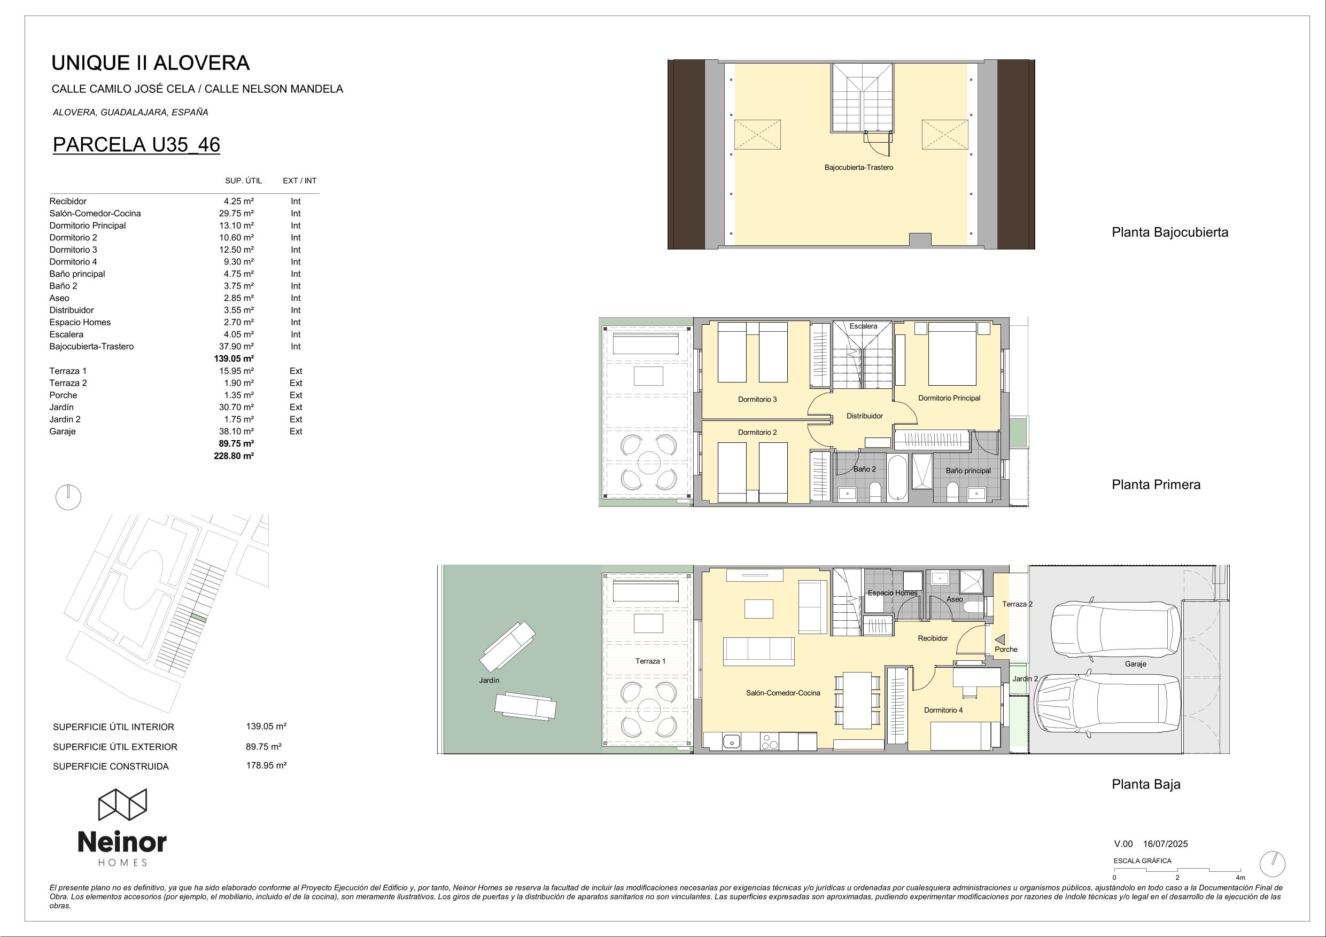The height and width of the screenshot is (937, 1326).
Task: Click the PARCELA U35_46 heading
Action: click(x=136, y=144)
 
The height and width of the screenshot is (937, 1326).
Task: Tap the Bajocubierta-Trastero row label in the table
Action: click(x=91, y=346)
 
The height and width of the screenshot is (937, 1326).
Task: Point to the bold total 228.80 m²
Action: click(x=234, y=456)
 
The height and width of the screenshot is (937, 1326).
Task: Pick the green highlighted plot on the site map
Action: click(x=198, y=618)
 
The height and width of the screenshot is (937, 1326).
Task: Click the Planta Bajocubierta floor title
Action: click(x=1170, y=232)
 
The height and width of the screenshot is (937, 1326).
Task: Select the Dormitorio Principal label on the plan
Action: click(x=949, y=398)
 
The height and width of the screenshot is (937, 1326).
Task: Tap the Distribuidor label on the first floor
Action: click(x=865, y=416)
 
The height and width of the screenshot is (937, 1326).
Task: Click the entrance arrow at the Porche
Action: click(x=999, y=639)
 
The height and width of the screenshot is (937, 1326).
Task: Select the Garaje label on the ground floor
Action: click(x=1135, y=664)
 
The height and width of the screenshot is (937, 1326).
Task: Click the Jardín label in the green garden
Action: click(x=489, y=680)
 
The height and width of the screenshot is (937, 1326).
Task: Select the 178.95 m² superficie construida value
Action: click(x=266, y=766)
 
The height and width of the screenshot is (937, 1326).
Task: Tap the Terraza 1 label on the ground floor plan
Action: click(x=650, y=661)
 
